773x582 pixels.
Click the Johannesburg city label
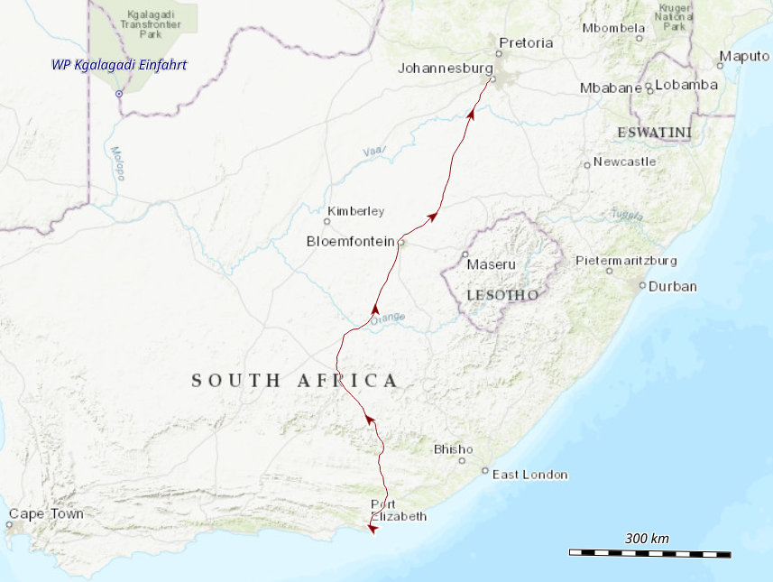tap(445, 68)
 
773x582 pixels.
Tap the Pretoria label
tap(525, 42)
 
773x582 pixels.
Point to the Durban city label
tap(673, 286)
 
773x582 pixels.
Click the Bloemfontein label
tap(351, 241)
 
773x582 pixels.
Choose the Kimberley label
tap(355, 211)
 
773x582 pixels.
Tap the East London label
tap(529, 474)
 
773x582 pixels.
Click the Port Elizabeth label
tap(398, 510)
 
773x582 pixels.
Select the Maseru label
tap(491, 264)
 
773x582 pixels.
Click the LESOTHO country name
tap(502, 295)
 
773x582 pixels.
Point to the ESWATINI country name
tap(654, 133)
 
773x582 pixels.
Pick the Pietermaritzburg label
tap(626, 261)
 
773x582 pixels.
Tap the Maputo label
tap(744, 57)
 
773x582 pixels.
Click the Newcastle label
tap(624, 162)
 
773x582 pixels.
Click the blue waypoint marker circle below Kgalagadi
tap(119, 93)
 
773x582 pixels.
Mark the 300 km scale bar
tap(649, 552)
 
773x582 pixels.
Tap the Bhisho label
tap(453, 448)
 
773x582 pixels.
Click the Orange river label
tap(390, 318)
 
